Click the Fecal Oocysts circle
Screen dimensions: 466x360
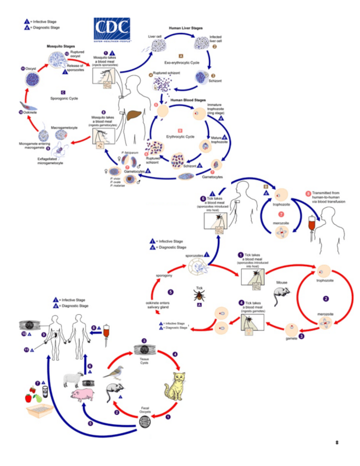[x=145, y=422]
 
